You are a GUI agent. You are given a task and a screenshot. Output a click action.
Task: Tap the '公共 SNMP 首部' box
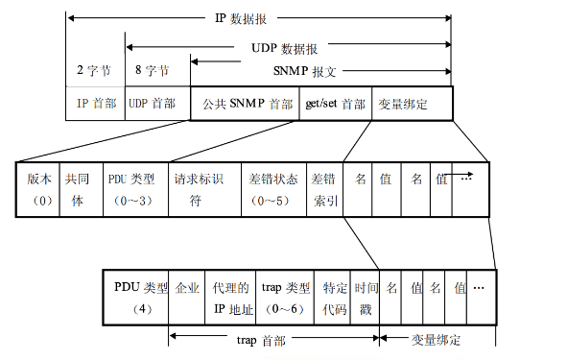pyautogui.click(x=244, y=104)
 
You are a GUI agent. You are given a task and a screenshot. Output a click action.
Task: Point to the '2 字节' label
pyautogui.click(x=95, y=71)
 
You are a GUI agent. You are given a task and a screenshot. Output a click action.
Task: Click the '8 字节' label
pyautogui.click(x=151, y=71)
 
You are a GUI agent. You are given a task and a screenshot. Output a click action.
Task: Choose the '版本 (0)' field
pyautogui.click(x=39, y=188)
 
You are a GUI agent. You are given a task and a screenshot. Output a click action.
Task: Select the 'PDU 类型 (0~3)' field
pyautogui.click(x=134, y=188)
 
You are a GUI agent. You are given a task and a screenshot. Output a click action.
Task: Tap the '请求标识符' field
pyautogui.click(x=203, y=188)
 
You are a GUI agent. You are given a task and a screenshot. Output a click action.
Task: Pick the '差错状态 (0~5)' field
pyautogui.click(x=273, y=188)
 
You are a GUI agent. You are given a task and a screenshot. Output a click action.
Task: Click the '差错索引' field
pyautogui.click(x=324, y=188)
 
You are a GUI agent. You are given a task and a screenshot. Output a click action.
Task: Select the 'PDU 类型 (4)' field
pyautogui.click(x=135, y=297)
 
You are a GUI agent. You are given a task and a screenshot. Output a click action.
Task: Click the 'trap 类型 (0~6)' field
pyautogui.click(x=286, y=297)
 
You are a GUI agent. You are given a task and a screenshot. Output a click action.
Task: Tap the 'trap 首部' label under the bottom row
pyautogui.click(x=258, y=340)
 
